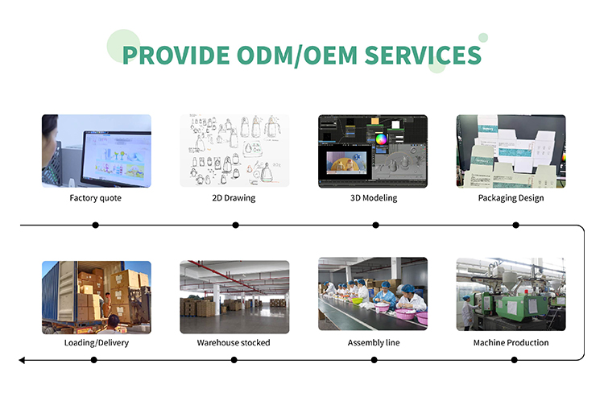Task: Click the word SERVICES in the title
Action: (x=423, y=55)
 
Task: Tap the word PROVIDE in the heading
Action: (x=176, y=55)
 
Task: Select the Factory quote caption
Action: (x=96, y=198)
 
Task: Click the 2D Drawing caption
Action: (x=234, y=198)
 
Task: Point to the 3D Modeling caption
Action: (x=374, y=198)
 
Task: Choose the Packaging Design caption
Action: (x=511, y=198)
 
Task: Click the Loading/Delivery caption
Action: (x=97, y=342)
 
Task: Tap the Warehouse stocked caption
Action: (x=234, y=342)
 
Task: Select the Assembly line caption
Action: (x=374, y=342)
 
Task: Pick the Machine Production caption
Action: (x=511, y=342)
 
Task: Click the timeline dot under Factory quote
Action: (x=96, y=225)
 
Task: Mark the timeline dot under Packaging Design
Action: (x=515, y=225)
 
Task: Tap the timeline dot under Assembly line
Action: (x=374, y=360)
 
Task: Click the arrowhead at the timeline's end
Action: (x=22, y=360)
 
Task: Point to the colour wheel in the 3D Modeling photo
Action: (x=381, y=139)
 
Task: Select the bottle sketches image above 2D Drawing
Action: (x=234, y=151)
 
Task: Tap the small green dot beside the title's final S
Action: (x=483, y=38)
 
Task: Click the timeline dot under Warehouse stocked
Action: (x=234, y=360)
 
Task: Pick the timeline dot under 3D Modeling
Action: (x=375, y=225)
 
